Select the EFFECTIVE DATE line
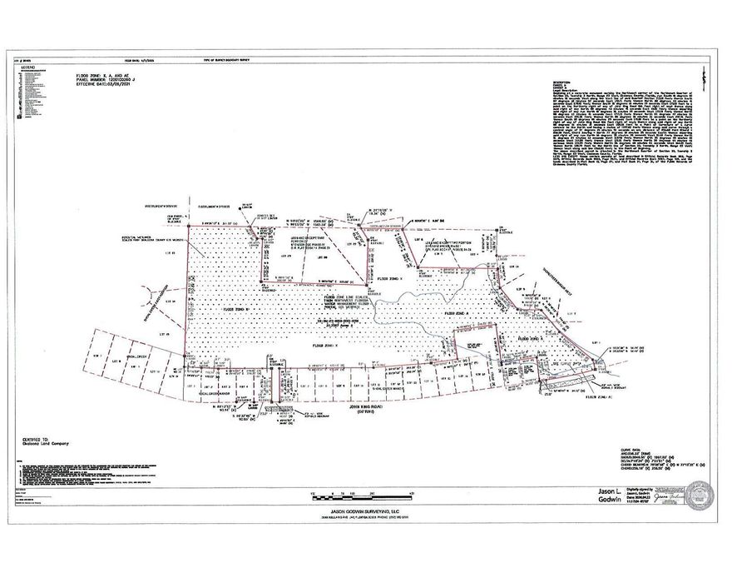pyautogui.click(x=104, y=85)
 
